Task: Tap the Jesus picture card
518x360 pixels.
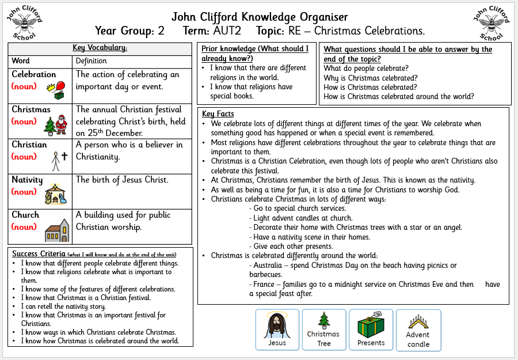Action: (x=277, y=330)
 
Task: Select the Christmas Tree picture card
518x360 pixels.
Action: (x=324, y=330)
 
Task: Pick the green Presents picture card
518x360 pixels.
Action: (x=371, y=330)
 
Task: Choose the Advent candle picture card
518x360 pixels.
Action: (x=418, y=330)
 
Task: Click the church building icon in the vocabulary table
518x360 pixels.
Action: (x=56, y=230)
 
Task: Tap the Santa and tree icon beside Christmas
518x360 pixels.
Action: (x=56, y=124)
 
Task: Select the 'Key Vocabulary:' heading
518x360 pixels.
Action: (x=100, y=48)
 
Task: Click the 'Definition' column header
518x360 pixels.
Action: (x=91, y=61)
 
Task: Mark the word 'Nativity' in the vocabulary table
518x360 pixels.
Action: (x=27, y=180)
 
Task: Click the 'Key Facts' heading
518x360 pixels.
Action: (x=218, y=114)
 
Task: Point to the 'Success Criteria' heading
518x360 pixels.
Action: (x=39, y=254)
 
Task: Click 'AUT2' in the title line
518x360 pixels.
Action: (x=230, y=31)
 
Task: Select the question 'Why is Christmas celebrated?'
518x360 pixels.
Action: (x=371, y=78)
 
